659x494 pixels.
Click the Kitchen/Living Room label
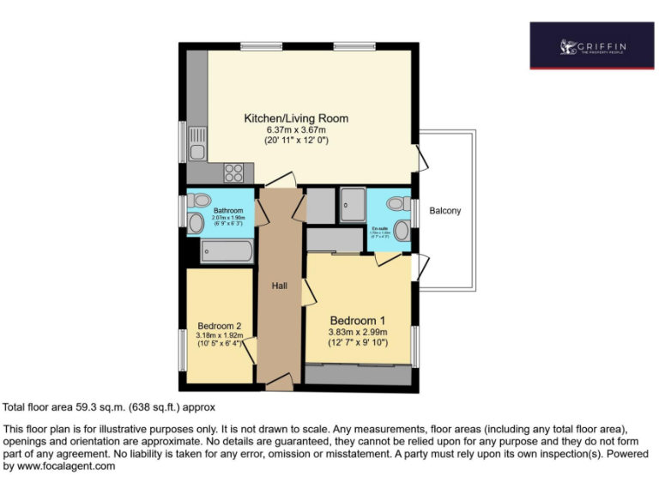coord(296,117)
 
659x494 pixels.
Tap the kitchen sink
coord(198,142)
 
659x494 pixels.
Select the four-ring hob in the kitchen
coord(233,172)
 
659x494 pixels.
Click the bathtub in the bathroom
coord(227,251)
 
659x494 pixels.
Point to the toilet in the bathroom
coord(200,199)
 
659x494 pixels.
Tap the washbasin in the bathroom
coord(196,224)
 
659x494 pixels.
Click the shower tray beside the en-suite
coord(352,205)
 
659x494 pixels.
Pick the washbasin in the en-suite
coord(402,230)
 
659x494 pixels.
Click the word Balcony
coord(445,210)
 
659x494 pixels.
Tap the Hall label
coord(280,286)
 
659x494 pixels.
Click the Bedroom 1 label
coord(358,321)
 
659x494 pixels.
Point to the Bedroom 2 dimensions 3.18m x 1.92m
coord(220,336)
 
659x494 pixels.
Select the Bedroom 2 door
coord(250,350)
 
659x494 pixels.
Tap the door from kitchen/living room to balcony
coord(422,158)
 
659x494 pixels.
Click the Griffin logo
coord(591,45)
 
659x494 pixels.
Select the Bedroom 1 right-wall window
coord(415,346)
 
